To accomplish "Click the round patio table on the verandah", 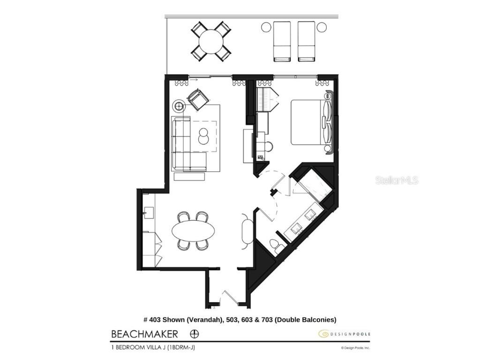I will coord(211,42).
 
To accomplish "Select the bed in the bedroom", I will coord(307,122).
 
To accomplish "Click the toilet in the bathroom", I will coord(278,246).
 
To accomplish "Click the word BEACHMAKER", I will coord(144,334).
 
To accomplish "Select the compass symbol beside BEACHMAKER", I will coord(195,334).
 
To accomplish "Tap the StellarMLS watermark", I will coord(397,180).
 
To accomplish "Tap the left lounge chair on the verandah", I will coord(282,41).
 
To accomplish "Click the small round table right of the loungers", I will coord(322,27).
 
